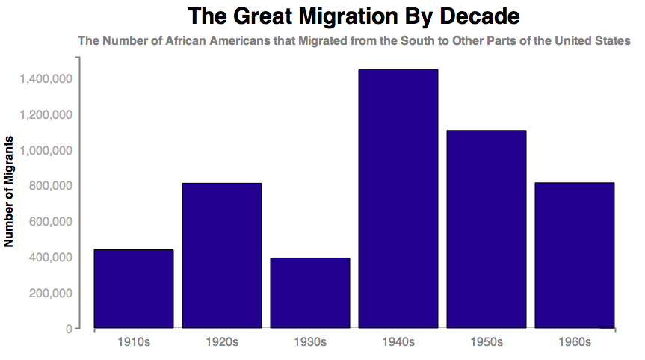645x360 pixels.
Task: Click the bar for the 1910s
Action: pyautogui.click(x=134, y=289)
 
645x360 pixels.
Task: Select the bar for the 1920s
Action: pyautogui.click(x=222, y=255)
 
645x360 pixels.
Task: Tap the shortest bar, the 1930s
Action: pyautogui.click(x=310, y=293)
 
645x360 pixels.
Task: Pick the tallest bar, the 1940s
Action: pyautogui.click(x=398, y=199)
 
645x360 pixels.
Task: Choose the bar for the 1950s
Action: pyautogui.click(x=487, y=229)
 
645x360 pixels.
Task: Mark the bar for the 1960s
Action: pyautogui.click(x=575, y=255)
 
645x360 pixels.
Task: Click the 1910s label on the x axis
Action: pyautogui.click(x=134, y=342)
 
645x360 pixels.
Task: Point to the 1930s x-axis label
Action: pyautogui.click(x=310, y=342)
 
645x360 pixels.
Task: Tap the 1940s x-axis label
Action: pyautogui.click(x=398, y=342)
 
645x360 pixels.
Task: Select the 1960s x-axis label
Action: pyautogui.click(x=575, y=342)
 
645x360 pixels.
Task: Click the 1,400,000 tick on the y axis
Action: pyautogui.click(x=46, y=78)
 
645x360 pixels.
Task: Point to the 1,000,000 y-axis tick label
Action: pyautogui.click(x=46, y=150)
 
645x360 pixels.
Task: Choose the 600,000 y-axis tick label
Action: pyautogui.click(x=51, y=222)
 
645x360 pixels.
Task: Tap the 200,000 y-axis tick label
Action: pyautogui.click(x=51, y=293)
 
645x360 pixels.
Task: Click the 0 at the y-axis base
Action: pyautogui.click(x=68, y=329)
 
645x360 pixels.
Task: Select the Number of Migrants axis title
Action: pyautogui.click(x=10, y=192)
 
